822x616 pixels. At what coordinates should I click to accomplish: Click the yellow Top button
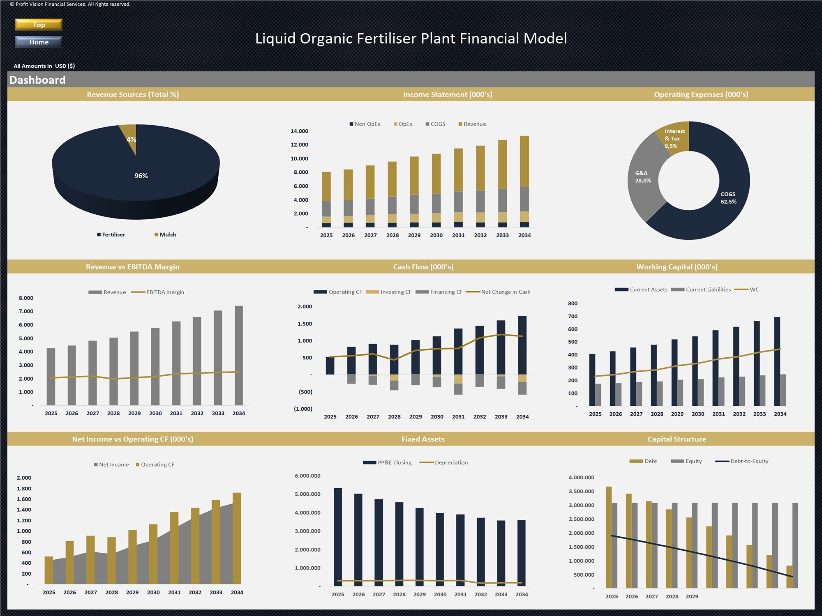39,25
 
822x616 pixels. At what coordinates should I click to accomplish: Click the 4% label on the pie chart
131,140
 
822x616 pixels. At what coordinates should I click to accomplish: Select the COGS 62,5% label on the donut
728,198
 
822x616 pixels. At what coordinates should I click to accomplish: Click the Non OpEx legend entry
365,124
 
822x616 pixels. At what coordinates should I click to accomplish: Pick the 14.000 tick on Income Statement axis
299,131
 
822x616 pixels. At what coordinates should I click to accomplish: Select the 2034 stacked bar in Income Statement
524,181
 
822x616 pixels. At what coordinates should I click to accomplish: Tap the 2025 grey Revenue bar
51,377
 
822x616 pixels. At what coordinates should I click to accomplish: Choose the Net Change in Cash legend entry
498,292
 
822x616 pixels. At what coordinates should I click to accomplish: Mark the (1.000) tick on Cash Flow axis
303,409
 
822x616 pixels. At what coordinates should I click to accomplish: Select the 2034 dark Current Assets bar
777,361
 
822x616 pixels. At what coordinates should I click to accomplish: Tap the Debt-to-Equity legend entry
742,461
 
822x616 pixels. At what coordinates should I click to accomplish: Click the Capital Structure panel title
677,439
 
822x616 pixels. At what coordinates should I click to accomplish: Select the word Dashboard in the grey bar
37,80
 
